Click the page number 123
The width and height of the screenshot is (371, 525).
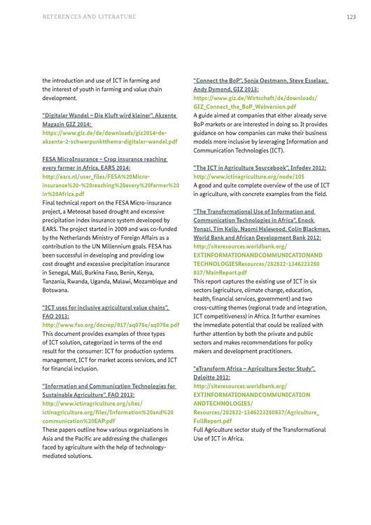coord(351,16)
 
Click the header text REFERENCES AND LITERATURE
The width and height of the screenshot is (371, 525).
coord(89,16)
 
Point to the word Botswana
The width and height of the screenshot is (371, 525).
coord(55,289)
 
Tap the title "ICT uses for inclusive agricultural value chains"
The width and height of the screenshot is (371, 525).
coord(105,307)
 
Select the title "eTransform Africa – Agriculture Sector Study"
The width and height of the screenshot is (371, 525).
coord(253,368)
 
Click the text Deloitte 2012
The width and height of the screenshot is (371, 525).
coord(212,377)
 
